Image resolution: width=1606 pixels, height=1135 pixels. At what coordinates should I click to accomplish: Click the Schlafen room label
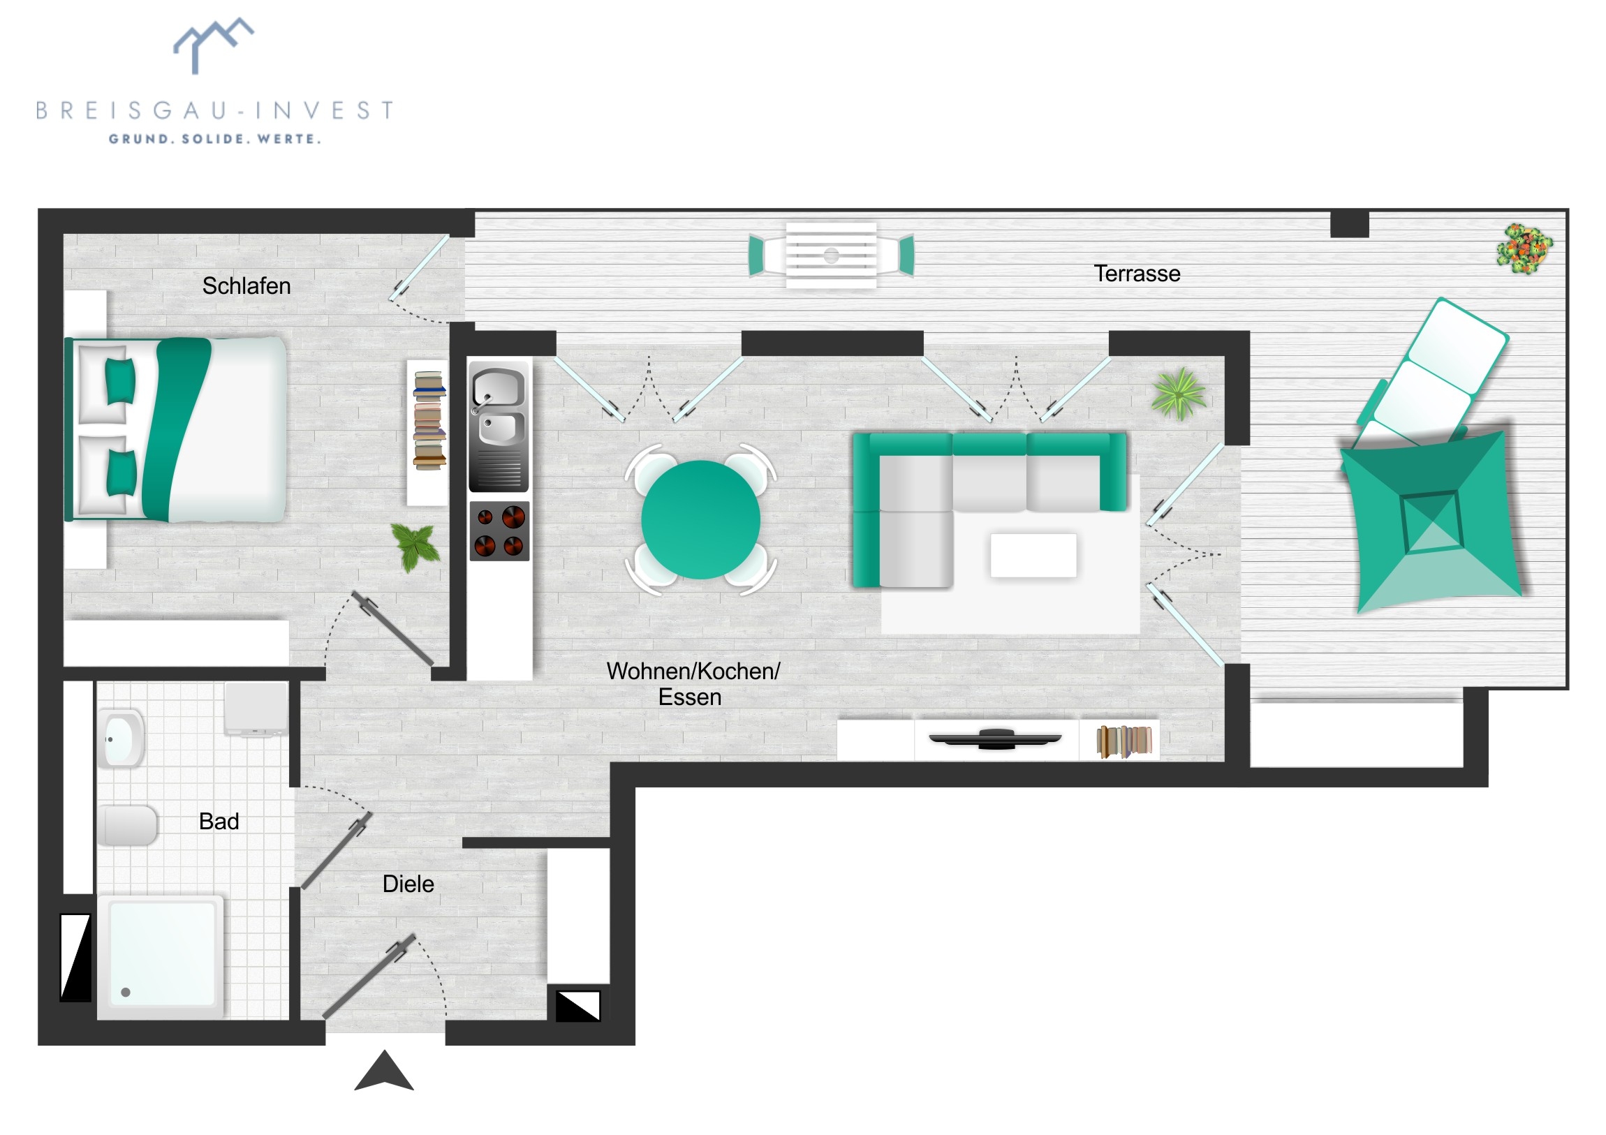[246, 286]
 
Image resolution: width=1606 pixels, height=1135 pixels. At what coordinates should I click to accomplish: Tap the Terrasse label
[1137, 274]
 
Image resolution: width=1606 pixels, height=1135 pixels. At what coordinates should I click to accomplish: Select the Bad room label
[219, 821]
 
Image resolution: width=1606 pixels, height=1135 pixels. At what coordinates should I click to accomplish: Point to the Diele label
[408, 884]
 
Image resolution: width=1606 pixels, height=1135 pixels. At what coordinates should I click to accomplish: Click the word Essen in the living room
[690, 697]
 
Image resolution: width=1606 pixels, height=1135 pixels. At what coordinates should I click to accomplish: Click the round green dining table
[700, 519]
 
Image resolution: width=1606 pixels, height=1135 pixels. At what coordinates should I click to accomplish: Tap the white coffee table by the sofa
[1033, 555]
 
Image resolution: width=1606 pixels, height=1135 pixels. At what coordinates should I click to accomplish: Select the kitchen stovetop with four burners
[499, 531]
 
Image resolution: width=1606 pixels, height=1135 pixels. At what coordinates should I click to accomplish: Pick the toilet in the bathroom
[126, 825]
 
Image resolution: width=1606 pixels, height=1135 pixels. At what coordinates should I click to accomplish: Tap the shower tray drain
[126, 993]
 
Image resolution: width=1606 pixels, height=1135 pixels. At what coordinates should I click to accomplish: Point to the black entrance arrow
[384, 1072]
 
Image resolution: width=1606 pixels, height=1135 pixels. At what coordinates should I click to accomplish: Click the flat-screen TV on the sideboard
[994, 739]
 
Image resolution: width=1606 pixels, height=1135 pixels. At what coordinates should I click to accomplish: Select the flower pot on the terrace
[1524, 249]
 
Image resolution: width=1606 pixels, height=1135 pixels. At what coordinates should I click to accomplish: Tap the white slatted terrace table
[831, 255]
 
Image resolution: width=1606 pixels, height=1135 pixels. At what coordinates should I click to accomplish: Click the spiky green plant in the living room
[1179, 394]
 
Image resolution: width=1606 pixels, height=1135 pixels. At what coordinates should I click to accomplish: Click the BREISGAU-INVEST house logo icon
[214, 45]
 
